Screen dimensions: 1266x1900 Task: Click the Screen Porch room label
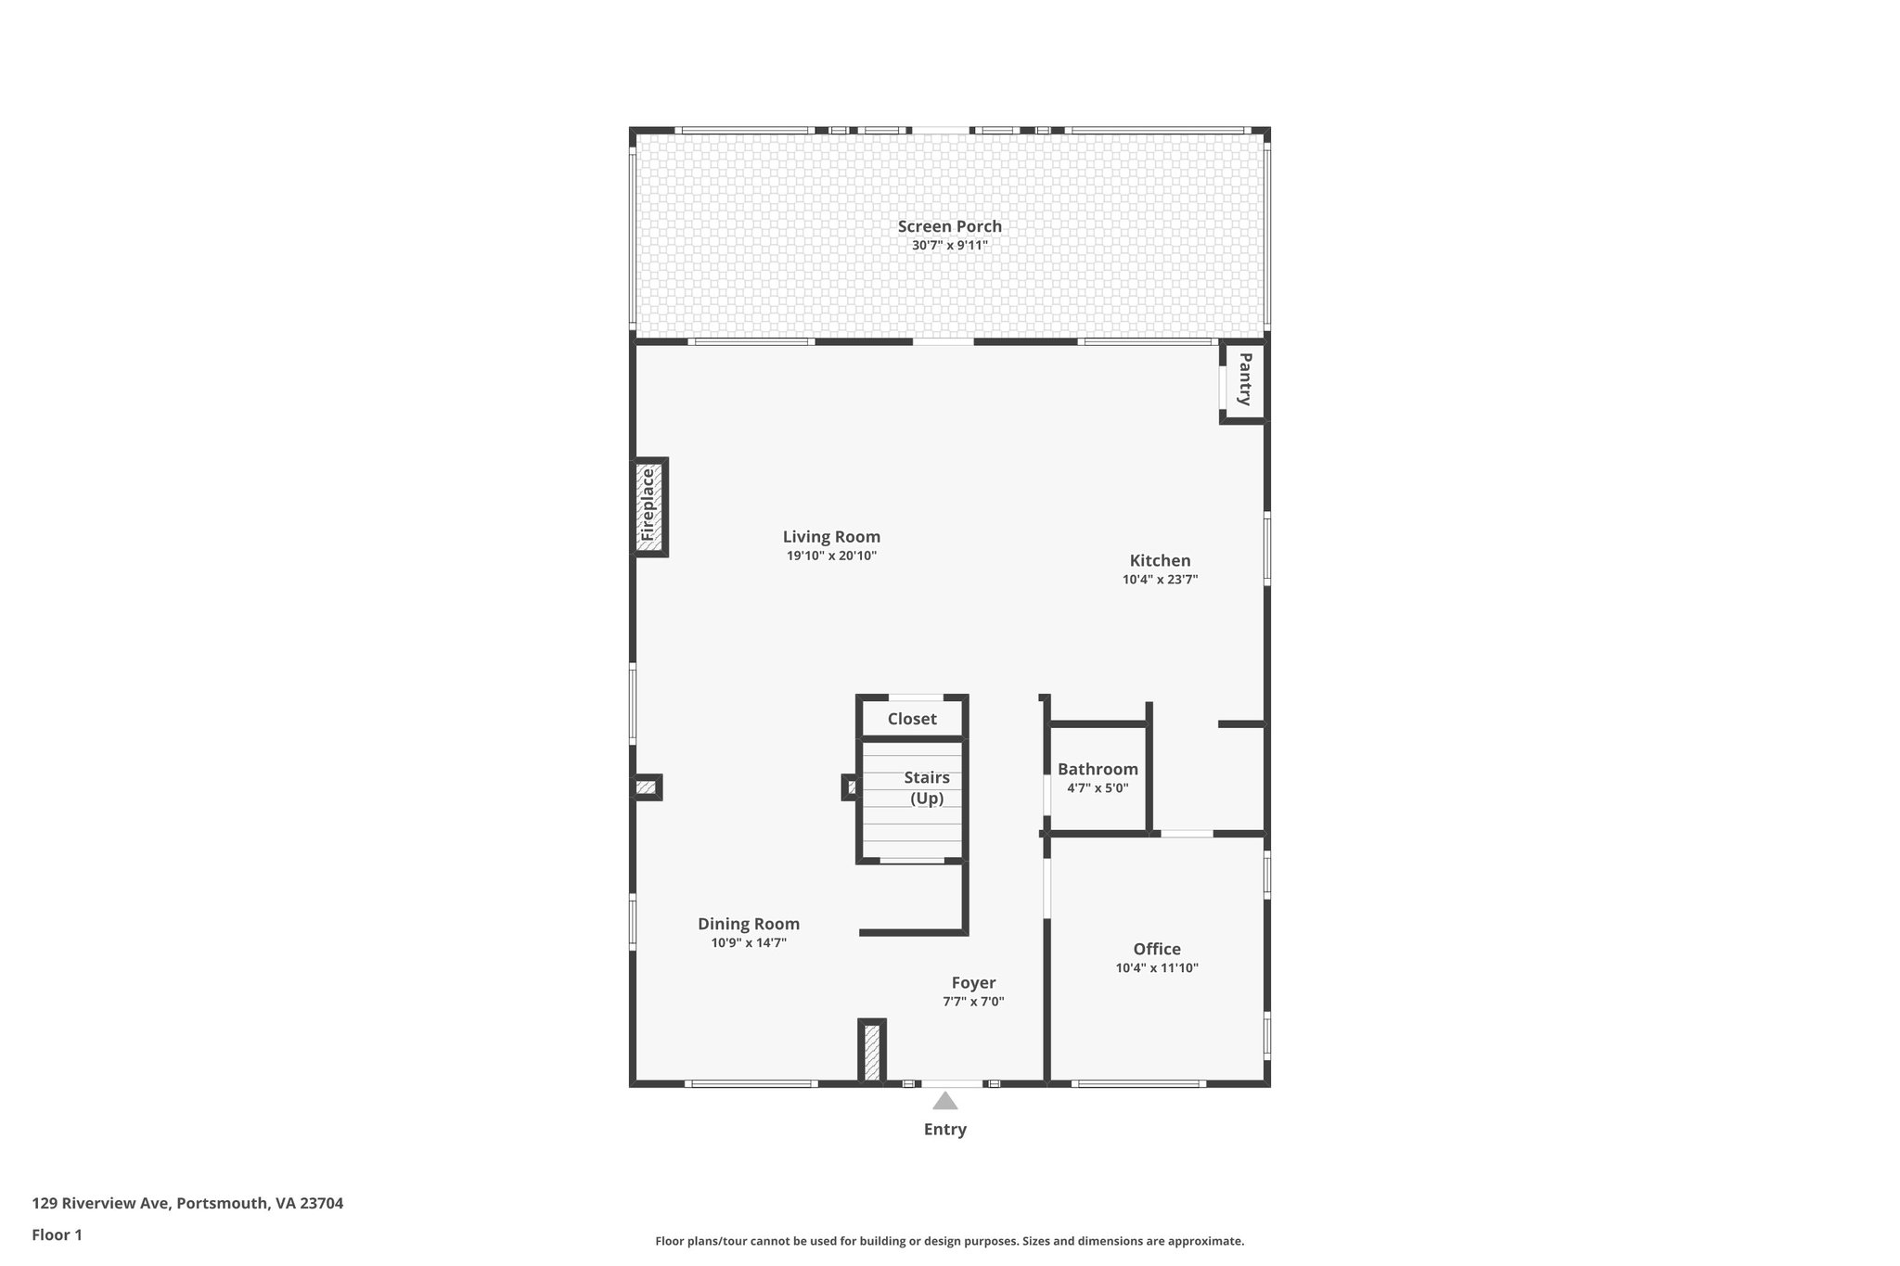click(x=949, y=226)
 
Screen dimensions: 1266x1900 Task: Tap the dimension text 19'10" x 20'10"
click(x=831, y=556)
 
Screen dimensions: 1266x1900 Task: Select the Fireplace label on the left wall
click(x=648, y=506)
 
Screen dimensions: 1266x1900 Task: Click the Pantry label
click(x=1245, y=379)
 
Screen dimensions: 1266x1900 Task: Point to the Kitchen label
click(x=1160, y=560)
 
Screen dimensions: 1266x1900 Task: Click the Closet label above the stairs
click(x=912, y=719)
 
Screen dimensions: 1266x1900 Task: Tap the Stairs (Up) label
click(x=927, y=787)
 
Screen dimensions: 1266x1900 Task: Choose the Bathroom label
click(x=1098, y=769)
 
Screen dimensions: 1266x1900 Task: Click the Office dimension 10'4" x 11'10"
click(x=1157, y=968)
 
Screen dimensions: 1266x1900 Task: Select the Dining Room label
click(x=749, y=924)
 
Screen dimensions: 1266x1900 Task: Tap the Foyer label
click(x=973, y=983)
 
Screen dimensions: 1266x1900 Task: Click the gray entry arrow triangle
click(x=944, y=1102)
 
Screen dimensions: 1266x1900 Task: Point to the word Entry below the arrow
click(x=944, y=1130)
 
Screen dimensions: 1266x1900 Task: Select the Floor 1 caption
click(x=57, y=1235)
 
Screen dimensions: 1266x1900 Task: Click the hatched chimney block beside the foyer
click(x=871, y=1051)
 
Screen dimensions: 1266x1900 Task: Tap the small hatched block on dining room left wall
click(x=646, y=788)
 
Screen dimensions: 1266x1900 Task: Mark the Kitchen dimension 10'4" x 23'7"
click(x=1160, y=580)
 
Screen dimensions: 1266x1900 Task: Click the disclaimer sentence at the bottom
click(x=949, y=1241)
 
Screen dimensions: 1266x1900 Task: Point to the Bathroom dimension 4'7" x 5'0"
click(x=1098, y=788)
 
